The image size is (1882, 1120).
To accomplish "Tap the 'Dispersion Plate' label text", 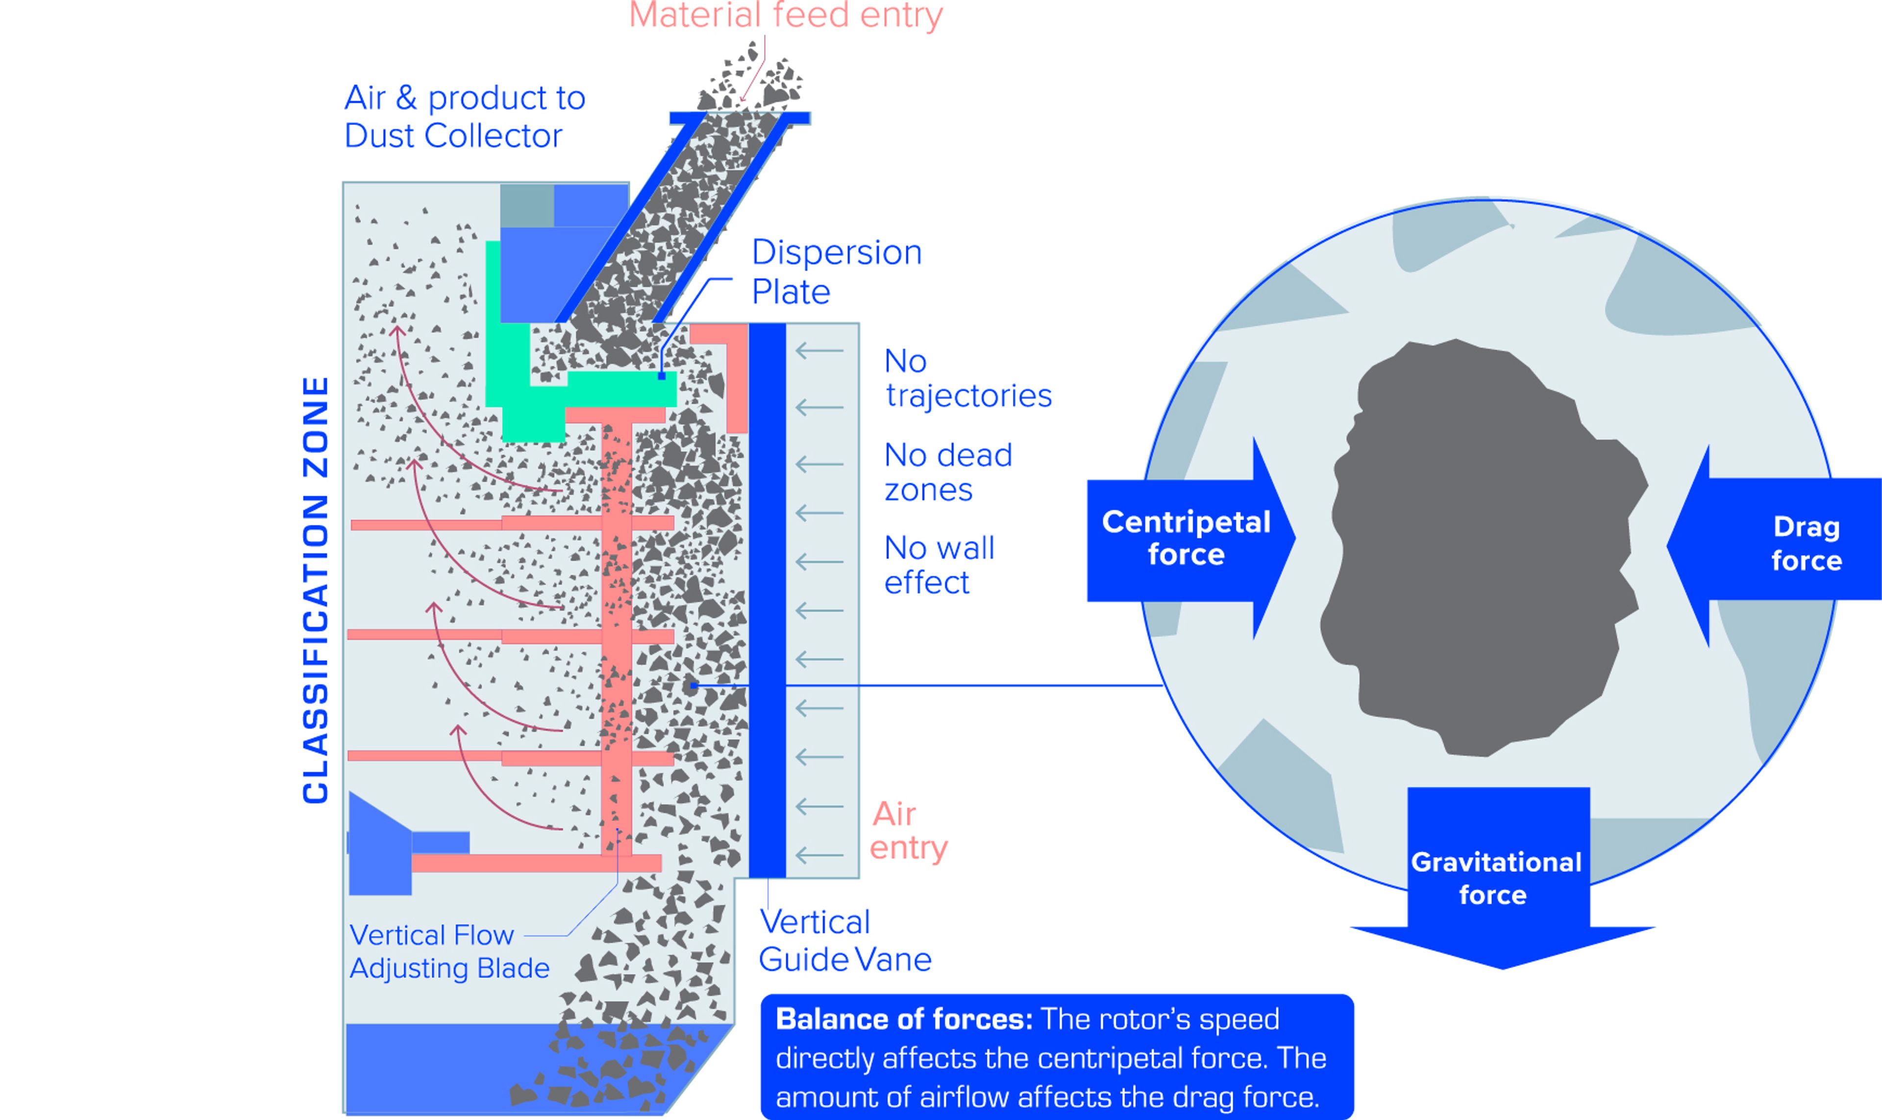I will (x=836, y=272).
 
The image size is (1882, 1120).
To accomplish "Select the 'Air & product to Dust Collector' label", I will (x=464, y=117).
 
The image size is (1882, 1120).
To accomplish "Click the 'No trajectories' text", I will (x=967, y=378).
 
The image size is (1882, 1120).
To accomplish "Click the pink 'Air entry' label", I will (x=908, y=831).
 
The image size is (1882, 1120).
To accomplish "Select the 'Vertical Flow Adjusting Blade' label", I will (x=449, y=952).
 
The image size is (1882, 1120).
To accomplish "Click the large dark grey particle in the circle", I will (x=1479, y=544).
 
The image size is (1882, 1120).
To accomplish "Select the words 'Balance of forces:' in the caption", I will (x=903, y=1020).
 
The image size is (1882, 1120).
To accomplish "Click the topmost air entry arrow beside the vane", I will (x=819, y=350).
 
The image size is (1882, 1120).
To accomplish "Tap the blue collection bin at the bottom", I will (x=453, y=1068).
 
